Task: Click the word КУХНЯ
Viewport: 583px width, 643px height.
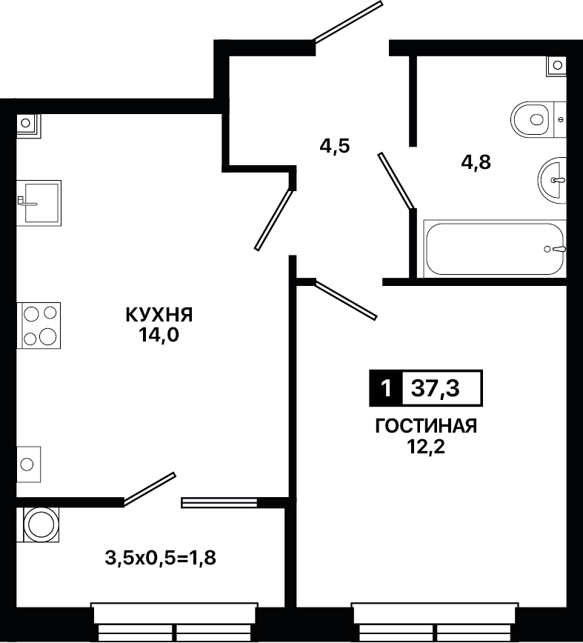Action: (x=159, y=316)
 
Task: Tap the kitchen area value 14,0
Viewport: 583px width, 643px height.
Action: (x=159, y=336)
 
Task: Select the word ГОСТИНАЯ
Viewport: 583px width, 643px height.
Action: (x=427, y=427)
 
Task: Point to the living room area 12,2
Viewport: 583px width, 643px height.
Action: (x=426, y=447)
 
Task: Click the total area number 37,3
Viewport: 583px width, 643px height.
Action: (x=436, y=388)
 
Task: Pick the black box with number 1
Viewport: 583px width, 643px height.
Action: (x=386, y=388)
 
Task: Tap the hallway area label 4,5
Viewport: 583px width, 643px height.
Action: (x=335, y=146)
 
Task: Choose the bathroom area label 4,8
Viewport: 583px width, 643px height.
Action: (x=476, y=163)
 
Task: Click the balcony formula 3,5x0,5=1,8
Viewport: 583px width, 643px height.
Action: (x=160, y=558)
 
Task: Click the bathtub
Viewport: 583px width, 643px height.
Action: (x=494, y=249)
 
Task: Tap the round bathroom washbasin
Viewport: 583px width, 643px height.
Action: (x=552, y=179)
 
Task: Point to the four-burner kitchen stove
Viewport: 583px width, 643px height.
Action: (x=39, y=326)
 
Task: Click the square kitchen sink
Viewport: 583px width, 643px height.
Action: (x=39, y=203)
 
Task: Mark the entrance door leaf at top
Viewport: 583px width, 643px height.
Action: (x=348, y=21)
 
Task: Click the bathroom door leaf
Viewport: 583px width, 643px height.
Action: (x=396, y=181)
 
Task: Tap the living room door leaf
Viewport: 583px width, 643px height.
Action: (x=344, y=300)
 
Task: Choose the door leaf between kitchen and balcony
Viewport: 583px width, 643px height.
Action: (x=149, y=489)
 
